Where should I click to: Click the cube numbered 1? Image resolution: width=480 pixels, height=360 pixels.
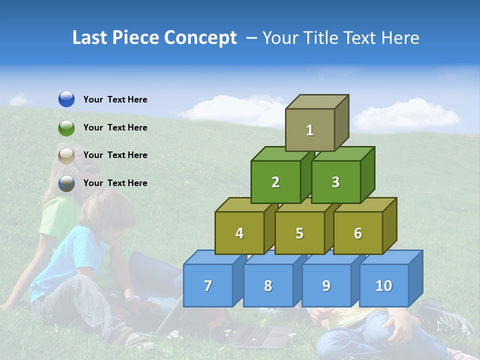[310, 130]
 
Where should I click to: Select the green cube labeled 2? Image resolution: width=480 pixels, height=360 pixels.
[275, 182]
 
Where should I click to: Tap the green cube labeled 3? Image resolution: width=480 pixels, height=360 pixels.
[336, 182]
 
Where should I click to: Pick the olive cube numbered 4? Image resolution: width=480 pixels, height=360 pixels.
[239, 233]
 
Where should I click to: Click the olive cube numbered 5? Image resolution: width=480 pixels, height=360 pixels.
[299, 233]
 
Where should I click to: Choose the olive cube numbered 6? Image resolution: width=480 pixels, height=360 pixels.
[358, 233]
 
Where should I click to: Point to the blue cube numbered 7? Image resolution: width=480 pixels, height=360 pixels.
[208, 285]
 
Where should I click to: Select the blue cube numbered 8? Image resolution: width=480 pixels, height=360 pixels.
[268, 285]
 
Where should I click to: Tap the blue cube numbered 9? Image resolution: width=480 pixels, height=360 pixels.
[326, 285]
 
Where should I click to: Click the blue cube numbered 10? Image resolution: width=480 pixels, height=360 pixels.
[384, 285]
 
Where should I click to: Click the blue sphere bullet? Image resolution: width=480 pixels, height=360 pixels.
[66, 99]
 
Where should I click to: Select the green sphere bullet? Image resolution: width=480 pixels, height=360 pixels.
[66, 127]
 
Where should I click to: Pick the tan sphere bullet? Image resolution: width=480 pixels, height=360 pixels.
[66, 155]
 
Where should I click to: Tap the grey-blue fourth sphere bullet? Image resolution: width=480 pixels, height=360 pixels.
[66, 183]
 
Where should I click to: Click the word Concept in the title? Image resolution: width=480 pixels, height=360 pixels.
[200, 38]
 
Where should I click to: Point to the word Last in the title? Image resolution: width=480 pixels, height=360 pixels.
[91, 38]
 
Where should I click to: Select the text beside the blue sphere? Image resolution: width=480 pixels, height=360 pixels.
[115, 99]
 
